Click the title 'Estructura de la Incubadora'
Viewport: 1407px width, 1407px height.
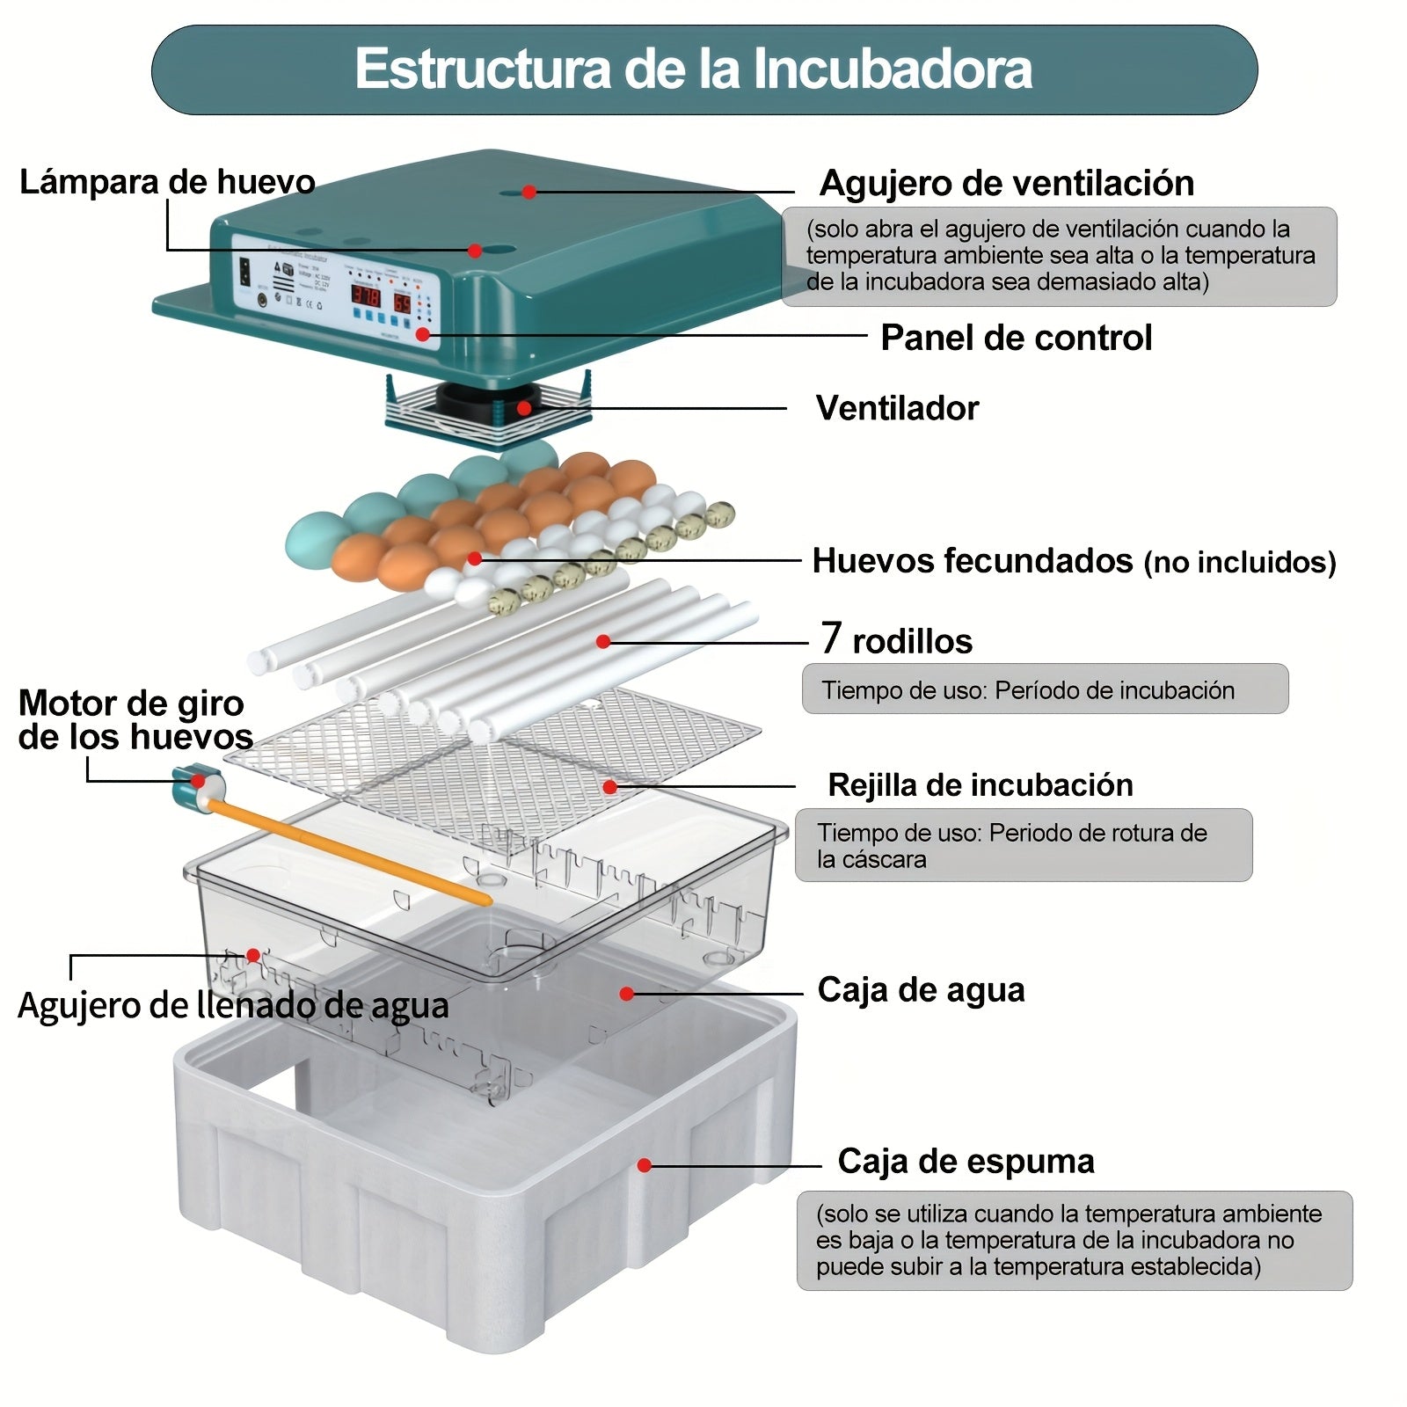point(693,69)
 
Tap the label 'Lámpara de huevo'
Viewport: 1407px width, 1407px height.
point(167,182)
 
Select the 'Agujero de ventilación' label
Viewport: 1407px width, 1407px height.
point(1006,184)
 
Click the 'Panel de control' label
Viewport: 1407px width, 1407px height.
point(1016,338)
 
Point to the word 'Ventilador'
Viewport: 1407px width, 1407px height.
point(897,408)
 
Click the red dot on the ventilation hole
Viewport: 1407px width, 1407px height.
point(529,192)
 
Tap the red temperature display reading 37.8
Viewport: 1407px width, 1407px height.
point(366,295)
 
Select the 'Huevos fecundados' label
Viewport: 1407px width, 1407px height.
point(972,561)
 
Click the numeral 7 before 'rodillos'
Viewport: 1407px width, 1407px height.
point(831,638)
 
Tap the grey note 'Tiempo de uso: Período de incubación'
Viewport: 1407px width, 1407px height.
point(1044,689)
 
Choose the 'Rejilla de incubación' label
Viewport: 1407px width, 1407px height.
point(980,785)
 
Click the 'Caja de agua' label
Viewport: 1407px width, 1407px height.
point(921,990)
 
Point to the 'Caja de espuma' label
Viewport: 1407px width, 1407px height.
point(966,1162)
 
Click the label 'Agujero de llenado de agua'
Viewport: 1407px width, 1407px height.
point(233,1005)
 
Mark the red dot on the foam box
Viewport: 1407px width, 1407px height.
point(645,1165)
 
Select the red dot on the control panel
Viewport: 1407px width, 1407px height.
point(423,334)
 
